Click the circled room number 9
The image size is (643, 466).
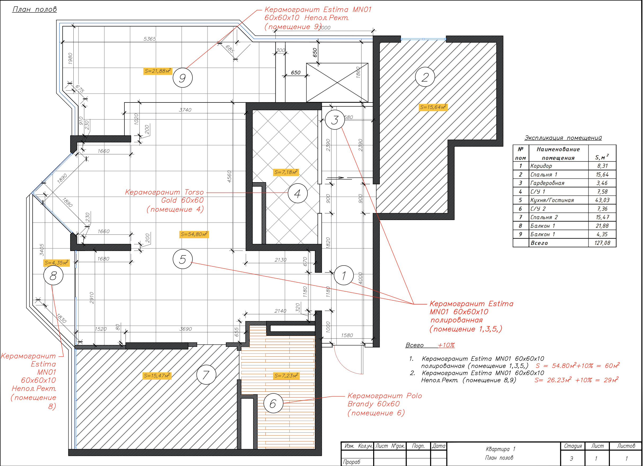[182, 78]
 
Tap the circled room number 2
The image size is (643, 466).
[425, 77]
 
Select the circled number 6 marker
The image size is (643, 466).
[273, 403]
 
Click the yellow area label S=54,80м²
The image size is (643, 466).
[194, 234]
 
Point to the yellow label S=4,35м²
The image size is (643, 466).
[56, 263]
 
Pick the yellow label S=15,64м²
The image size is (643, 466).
[433, 107]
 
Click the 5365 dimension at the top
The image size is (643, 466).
[150, 39]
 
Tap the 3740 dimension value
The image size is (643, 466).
[185, 110]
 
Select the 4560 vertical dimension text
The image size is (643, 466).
[229, 176]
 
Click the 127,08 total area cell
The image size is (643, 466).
[602, 243]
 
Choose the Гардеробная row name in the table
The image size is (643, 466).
[547, 183]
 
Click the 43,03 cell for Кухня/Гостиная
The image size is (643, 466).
[602, 200]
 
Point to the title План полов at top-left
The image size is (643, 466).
[35, 9]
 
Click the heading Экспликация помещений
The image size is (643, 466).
[563, 138]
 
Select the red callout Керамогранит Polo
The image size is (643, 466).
[385, 396]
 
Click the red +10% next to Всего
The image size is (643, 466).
[446, 345]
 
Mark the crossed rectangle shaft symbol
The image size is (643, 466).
[337, 83]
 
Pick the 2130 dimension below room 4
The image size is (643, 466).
[280, 260]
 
